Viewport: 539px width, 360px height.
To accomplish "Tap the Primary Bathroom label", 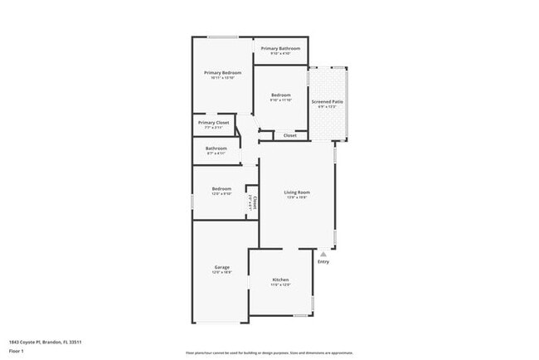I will pos(280,49).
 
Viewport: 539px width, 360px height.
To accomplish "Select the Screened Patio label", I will pos(327,101).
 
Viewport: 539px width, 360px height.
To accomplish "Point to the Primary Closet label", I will pos(213,123).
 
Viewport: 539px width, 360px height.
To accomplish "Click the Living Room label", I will pos(297,192).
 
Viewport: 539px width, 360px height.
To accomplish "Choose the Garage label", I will pos(221,267).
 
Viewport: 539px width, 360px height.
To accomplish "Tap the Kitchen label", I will pos(281,280).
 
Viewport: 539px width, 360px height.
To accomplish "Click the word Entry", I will pos(323,262).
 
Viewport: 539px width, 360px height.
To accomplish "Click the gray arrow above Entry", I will pos(323,254).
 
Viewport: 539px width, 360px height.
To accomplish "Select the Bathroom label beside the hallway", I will pos(216,148).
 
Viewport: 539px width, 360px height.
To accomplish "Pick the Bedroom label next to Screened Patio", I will pos(280,95).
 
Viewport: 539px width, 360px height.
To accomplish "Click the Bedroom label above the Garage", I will pos(220,188).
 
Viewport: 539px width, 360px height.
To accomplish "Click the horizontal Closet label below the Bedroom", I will pos(290,134).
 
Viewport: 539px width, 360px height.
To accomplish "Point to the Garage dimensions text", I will pos(221,272).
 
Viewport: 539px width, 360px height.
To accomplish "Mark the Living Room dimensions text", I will pos(297,197).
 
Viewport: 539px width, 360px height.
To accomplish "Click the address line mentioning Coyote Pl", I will pos(45,342).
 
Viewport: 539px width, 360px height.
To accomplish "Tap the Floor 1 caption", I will pos(17,351).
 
